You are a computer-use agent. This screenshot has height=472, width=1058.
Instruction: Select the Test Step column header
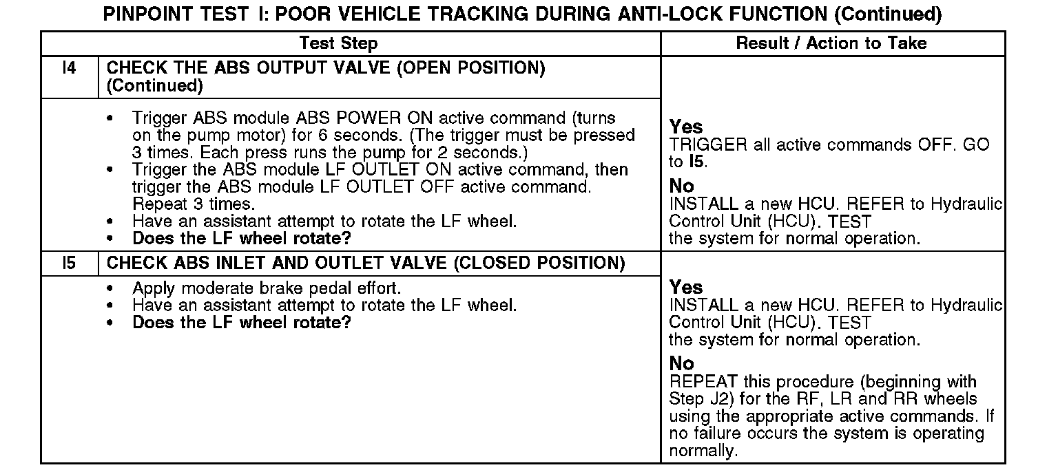pos(338,43)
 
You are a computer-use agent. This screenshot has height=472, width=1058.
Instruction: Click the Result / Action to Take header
pos(831,43)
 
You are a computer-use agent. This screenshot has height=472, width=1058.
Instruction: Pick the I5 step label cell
pos(69,263)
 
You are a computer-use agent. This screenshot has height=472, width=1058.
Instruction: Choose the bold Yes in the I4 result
pos(686,127)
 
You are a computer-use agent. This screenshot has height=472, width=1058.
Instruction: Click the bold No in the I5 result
pos(682,363)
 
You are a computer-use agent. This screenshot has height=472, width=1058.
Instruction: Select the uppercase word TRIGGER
pos(708,145)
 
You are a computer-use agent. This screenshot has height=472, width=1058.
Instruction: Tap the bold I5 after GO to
pos(696,162)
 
